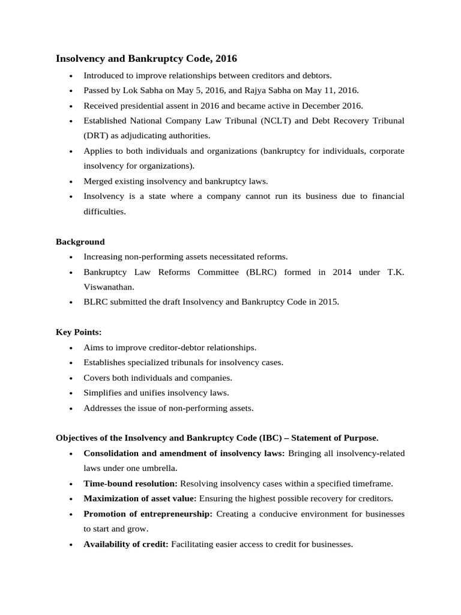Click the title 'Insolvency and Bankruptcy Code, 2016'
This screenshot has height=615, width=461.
[x=146, y=58]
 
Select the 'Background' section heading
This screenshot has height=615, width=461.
[x=80, y=241]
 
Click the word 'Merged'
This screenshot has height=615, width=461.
[x=98, y=181]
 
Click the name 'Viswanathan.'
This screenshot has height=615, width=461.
[x=108, y=287]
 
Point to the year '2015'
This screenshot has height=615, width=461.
[x=328, y=302]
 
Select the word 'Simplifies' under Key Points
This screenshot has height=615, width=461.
[x=103, y=393]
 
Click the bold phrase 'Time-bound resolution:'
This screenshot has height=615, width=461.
[x=130, y=483]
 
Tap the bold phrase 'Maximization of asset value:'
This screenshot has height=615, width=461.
[x=140, y=498]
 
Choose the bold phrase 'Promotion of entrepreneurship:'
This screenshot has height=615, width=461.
[x=148, y=514]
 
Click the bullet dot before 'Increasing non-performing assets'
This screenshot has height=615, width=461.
[x=71, y=257]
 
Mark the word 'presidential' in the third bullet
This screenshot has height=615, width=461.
[x=143, y=106]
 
